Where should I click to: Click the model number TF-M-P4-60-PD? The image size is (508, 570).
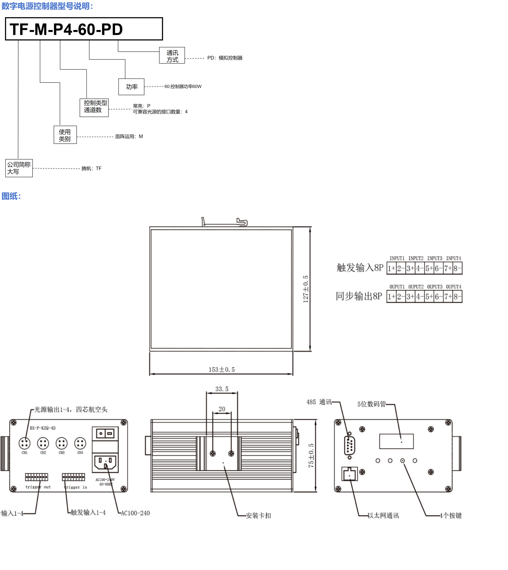(66, 29)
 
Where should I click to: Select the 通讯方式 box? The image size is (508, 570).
(172, 56)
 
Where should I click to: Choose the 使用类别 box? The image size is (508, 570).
(65, 135)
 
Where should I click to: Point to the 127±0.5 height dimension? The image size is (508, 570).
(306, 289)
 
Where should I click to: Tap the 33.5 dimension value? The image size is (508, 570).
(222, 389)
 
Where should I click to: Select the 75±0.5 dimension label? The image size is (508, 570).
(311, 455)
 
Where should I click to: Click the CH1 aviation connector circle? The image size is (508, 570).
(25, 443)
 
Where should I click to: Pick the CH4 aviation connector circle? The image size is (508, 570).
(80, 443)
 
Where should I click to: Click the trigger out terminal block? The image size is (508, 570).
(37, 477)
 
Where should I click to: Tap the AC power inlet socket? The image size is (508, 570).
(105, 463)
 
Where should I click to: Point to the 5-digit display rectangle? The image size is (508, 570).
(396, 441)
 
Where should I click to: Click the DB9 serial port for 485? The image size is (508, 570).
(349, 445)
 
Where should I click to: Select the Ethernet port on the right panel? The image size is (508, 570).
(349, 474)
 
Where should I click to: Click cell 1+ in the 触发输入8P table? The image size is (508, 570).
(391, 268)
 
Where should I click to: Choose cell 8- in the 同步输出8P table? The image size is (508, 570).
(457, 297)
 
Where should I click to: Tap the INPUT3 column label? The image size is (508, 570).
(435, 258)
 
